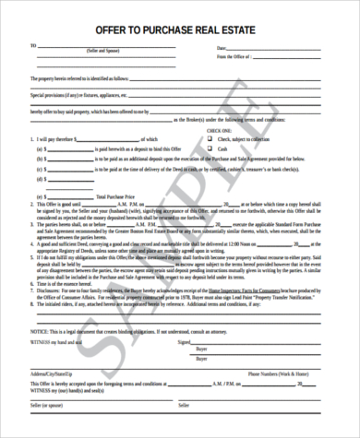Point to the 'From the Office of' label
234,57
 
